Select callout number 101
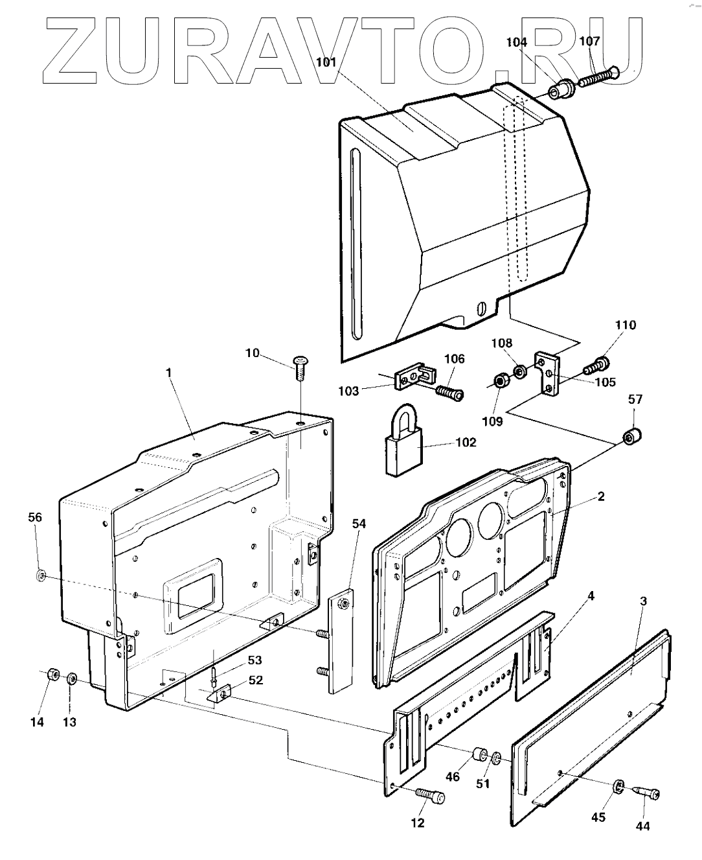326,63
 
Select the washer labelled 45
618,786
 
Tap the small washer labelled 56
40,574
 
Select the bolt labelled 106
449,392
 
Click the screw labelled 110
596,366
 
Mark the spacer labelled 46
480,756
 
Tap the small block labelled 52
220,695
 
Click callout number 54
359,524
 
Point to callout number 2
601,497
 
